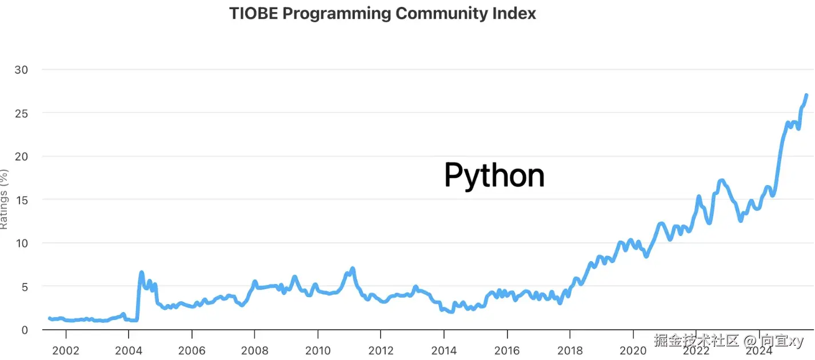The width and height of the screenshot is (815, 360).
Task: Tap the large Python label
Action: (494, 175)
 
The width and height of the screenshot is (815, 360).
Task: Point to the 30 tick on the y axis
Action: (21, 70)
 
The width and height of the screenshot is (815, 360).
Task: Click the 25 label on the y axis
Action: (22, 114)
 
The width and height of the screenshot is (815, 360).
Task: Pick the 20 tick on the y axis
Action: (21, 157)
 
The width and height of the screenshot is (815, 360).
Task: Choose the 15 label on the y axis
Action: (22, 201)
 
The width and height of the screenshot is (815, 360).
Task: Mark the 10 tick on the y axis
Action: (22, 243)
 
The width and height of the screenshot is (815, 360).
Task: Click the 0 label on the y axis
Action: (25, 330)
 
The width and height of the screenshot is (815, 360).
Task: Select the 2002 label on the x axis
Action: (66, 350)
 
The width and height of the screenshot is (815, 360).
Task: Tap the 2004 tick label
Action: (129, 350)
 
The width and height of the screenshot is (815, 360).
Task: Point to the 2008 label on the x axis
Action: (255, 350)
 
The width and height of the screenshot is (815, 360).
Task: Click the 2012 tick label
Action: (381, 350)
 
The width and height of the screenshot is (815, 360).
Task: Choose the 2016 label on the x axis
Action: (507, 350)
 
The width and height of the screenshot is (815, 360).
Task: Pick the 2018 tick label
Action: (570, 350)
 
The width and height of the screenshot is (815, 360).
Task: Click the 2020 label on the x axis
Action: (633, 350)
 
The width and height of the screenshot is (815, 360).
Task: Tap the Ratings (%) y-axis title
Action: (3, 199)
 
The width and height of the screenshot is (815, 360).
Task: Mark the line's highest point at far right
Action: (806, 95)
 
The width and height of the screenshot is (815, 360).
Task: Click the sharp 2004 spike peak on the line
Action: (142, 273)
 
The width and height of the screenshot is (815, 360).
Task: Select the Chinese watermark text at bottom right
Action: (728, 341)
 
